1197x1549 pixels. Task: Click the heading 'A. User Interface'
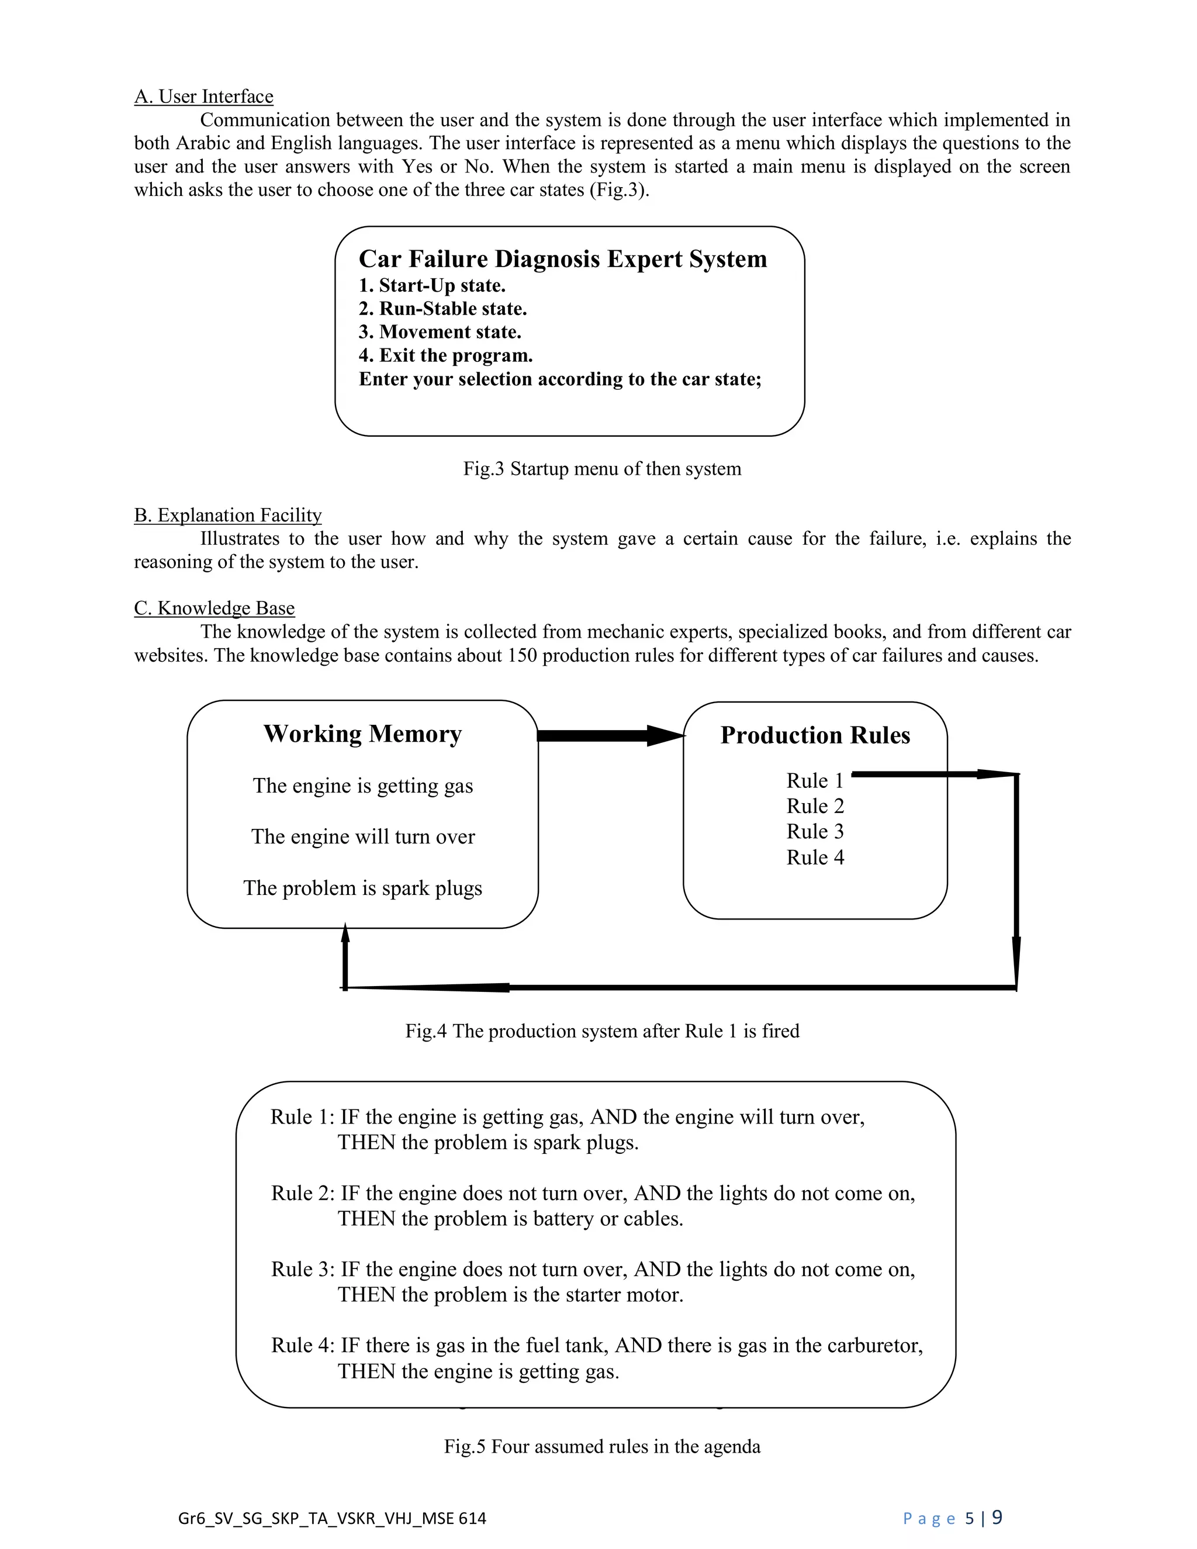coord(203,96)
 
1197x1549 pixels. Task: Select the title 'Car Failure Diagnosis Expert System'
coord(562,259)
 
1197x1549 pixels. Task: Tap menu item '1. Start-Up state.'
coord(432,286)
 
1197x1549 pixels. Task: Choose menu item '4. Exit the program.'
coord(445,355)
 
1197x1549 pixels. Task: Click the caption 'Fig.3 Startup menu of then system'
coord(602,469)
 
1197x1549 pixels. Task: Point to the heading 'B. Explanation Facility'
coord(227,515)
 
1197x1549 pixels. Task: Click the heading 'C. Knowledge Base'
coord(214,608)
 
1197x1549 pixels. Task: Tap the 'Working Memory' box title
coord(362,734)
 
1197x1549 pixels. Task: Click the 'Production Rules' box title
coord(815,735)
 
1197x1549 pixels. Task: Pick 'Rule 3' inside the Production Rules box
coord(815,831)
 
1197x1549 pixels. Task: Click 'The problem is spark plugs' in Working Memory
coord(362,888)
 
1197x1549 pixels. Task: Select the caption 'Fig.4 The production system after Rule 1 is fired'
coord(602,1031)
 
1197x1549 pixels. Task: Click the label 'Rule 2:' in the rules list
coord(302,1193)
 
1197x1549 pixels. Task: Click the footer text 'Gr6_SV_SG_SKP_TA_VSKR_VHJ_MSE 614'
coord(332,1518)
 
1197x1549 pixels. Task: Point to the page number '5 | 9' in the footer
coord(984,1518)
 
